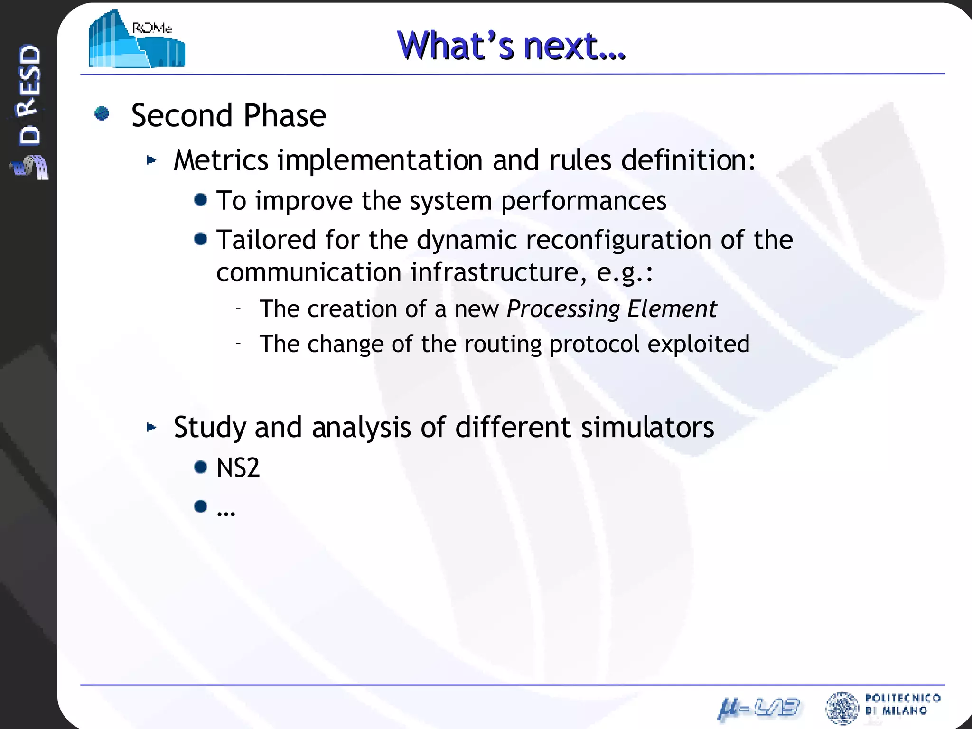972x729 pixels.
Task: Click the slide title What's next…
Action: click(x=511, y=46)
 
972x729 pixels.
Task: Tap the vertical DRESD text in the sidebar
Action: click(x=29, y=95)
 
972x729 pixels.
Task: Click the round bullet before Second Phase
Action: click(x=102, y=114)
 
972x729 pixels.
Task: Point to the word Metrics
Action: click(x=221, y=160)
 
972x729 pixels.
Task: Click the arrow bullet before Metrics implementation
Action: click(x=151, y=160)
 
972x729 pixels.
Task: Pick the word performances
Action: click(x=583, y=201)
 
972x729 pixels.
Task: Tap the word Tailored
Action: click(x=266, y=240)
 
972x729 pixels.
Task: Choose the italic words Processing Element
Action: click(x=611, y=309)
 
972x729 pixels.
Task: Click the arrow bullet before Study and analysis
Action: click(x=151, y=427)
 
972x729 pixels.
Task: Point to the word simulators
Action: click(x=647, y=427)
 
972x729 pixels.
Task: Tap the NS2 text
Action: click(x=238, y=468)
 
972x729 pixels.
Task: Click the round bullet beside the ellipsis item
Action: click(x=201, y=506)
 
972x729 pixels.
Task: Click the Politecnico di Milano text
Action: click(x=902, y=704)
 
